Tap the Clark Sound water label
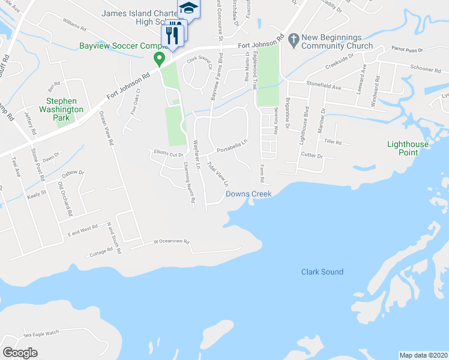322,272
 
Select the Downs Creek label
249,194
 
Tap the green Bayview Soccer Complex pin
159,59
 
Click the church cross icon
294,41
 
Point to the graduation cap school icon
188,8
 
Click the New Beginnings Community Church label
337,41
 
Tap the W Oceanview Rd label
171,242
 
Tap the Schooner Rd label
426,69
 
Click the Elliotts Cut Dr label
168,154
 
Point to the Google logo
20,353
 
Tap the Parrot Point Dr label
408,50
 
